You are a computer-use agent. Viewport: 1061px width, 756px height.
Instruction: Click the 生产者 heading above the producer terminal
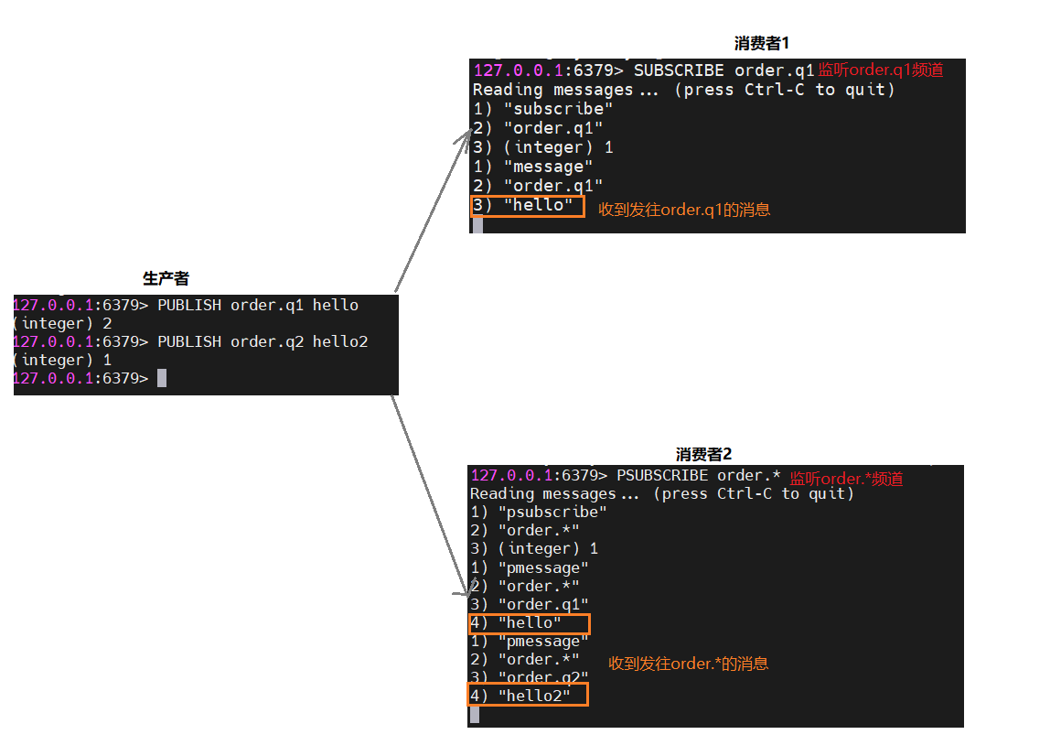click(166, 278)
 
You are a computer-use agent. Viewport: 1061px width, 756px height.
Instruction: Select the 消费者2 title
click(703, 454)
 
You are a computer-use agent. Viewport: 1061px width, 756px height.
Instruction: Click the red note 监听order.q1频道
click(880, 70)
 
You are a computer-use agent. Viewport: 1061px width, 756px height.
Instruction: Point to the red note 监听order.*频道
click(846, 479)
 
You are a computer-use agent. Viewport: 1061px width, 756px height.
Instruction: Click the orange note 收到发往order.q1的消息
click(684, 210)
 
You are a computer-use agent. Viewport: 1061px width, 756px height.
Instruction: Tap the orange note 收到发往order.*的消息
click(688, 664)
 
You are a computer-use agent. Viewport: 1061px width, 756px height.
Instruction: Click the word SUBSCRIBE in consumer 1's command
click(678, 70)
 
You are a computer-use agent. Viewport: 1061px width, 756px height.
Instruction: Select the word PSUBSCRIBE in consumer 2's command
click(661, 475)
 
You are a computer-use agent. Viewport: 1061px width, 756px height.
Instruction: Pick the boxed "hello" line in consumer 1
click(528, 205)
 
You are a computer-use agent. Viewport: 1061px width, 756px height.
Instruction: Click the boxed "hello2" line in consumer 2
click(528, 696)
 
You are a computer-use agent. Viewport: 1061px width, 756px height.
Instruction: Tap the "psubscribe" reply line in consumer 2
click(539, 512)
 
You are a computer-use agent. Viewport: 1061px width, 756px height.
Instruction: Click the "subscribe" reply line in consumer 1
click(543, 108)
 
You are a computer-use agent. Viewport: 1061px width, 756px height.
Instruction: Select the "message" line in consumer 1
click(533, 167)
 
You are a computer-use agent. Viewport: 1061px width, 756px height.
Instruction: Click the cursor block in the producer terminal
click(162, 378)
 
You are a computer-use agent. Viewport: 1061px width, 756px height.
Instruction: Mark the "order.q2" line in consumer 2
click(530, 677)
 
